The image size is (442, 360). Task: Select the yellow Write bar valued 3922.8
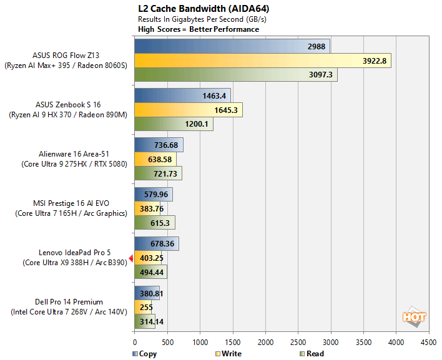[262, 61]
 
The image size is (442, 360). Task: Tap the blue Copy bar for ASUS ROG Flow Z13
[232, 46]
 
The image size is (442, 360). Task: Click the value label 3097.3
[323, 75]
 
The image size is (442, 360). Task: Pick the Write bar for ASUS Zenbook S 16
[188, 110]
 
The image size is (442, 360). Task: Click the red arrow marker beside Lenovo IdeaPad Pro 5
[131, 258]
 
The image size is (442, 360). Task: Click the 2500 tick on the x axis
[298, 342]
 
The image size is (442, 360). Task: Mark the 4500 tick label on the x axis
[428, 342]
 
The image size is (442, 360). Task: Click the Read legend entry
[312, 354]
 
